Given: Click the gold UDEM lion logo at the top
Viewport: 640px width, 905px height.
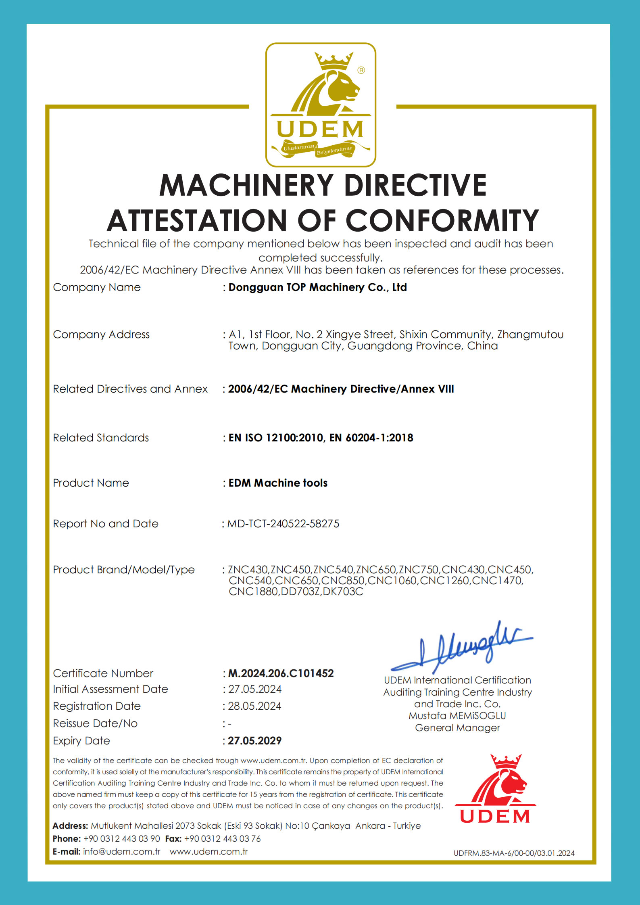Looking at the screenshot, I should (321, 105).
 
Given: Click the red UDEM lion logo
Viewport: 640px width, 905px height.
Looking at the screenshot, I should (495, 789).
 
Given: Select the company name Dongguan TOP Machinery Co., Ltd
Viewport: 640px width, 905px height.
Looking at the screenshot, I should (318, 287).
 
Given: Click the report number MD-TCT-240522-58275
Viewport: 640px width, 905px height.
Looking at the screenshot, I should (283, 524).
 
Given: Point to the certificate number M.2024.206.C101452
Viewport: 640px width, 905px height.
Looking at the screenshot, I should (281, 673).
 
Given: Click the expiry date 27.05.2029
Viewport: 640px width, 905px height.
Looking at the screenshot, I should (254, 740).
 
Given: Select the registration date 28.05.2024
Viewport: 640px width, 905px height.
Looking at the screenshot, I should (254, 706).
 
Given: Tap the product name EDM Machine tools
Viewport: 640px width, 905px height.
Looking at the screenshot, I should (278, 483).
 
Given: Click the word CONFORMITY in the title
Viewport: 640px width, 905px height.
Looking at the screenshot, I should (442, 221).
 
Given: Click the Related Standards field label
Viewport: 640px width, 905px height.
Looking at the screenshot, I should (101, 438).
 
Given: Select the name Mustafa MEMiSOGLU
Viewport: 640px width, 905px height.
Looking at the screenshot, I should (457, 716).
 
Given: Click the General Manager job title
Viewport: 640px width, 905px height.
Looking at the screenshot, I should (457, 728).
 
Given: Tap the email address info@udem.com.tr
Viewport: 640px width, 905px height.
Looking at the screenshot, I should (122, 851).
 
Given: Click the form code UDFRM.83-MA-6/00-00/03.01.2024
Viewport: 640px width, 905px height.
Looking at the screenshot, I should (514, 853).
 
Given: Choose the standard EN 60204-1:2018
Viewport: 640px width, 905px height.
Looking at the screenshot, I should (371, 438).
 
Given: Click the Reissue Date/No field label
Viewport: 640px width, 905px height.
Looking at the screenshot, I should (95, 723).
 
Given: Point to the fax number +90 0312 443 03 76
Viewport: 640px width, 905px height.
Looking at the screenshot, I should (222, 838).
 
